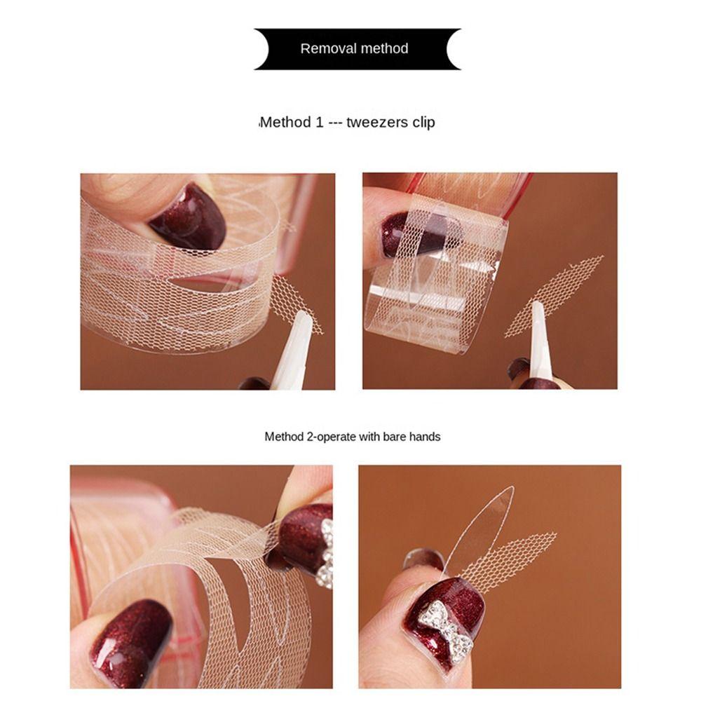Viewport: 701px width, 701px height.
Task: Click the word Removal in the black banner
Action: (325, 49)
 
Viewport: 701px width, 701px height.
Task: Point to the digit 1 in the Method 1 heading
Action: (320, 123)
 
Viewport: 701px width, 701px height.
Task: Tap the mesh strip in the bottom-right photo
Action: (519, 557)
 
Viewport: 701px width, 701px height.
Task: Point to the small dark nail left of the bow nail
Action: (423, 559)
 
